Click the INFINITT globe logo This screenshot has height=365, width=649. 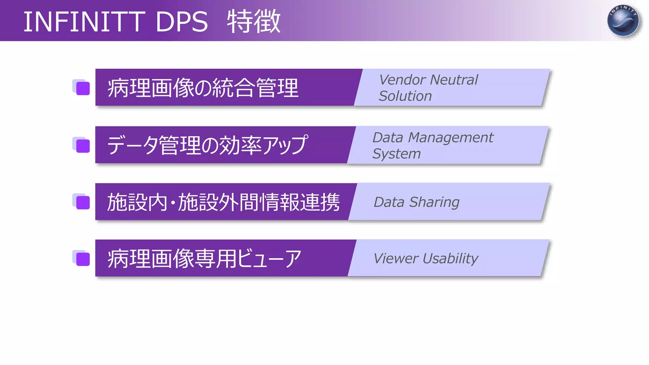click(x=623, y=21)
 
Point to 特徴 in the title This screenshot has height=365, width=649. click(x=254, y=22)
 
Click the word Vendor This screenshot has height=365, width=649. click(x=402, y=80)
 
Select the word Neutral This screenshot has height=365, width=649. click(x=454, y=80)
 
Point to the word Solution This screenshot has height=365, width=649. click(x=405, y=96)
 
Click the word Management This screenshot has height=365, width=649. click(x=451, y=138)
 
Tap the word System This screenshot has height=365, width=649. click(x=396, y=154)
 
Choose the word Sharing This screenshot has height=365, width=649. click(x=434, y=202)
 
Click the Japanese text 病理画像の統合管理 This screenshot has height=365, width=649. click(x=203, y=88)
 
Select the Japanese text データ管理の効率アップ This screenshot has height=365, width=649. click(x=208, y=145)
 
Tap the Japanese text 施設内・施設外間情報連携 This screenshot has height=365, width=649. click(x=223, y=202)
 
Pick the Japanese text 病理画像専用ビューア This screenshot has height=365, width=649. click(x=204, y=259)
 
